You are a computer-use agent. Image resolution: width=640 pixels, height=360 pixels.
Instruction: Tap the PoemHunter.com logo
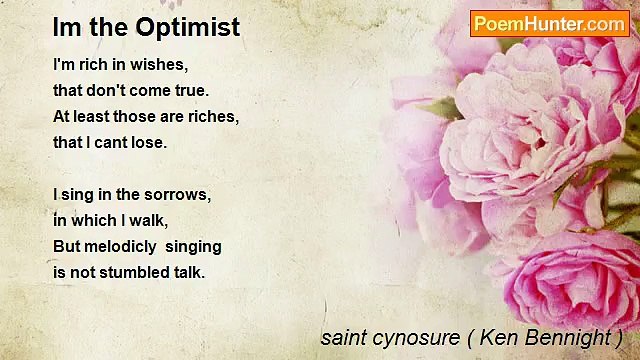point(549,23)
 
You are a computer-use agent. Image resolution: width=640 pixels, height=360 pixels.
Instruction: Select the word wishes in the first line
point(160,65)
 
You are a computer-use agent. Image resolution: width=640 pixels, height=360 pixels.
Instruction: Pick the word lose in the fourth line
point(148,142)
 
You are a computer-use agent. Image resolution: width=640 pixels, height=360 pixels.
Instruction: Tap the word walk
point(149,220)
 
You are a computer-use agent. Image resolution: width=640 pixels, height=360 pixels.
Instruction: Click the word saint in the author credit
point(340,337)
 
